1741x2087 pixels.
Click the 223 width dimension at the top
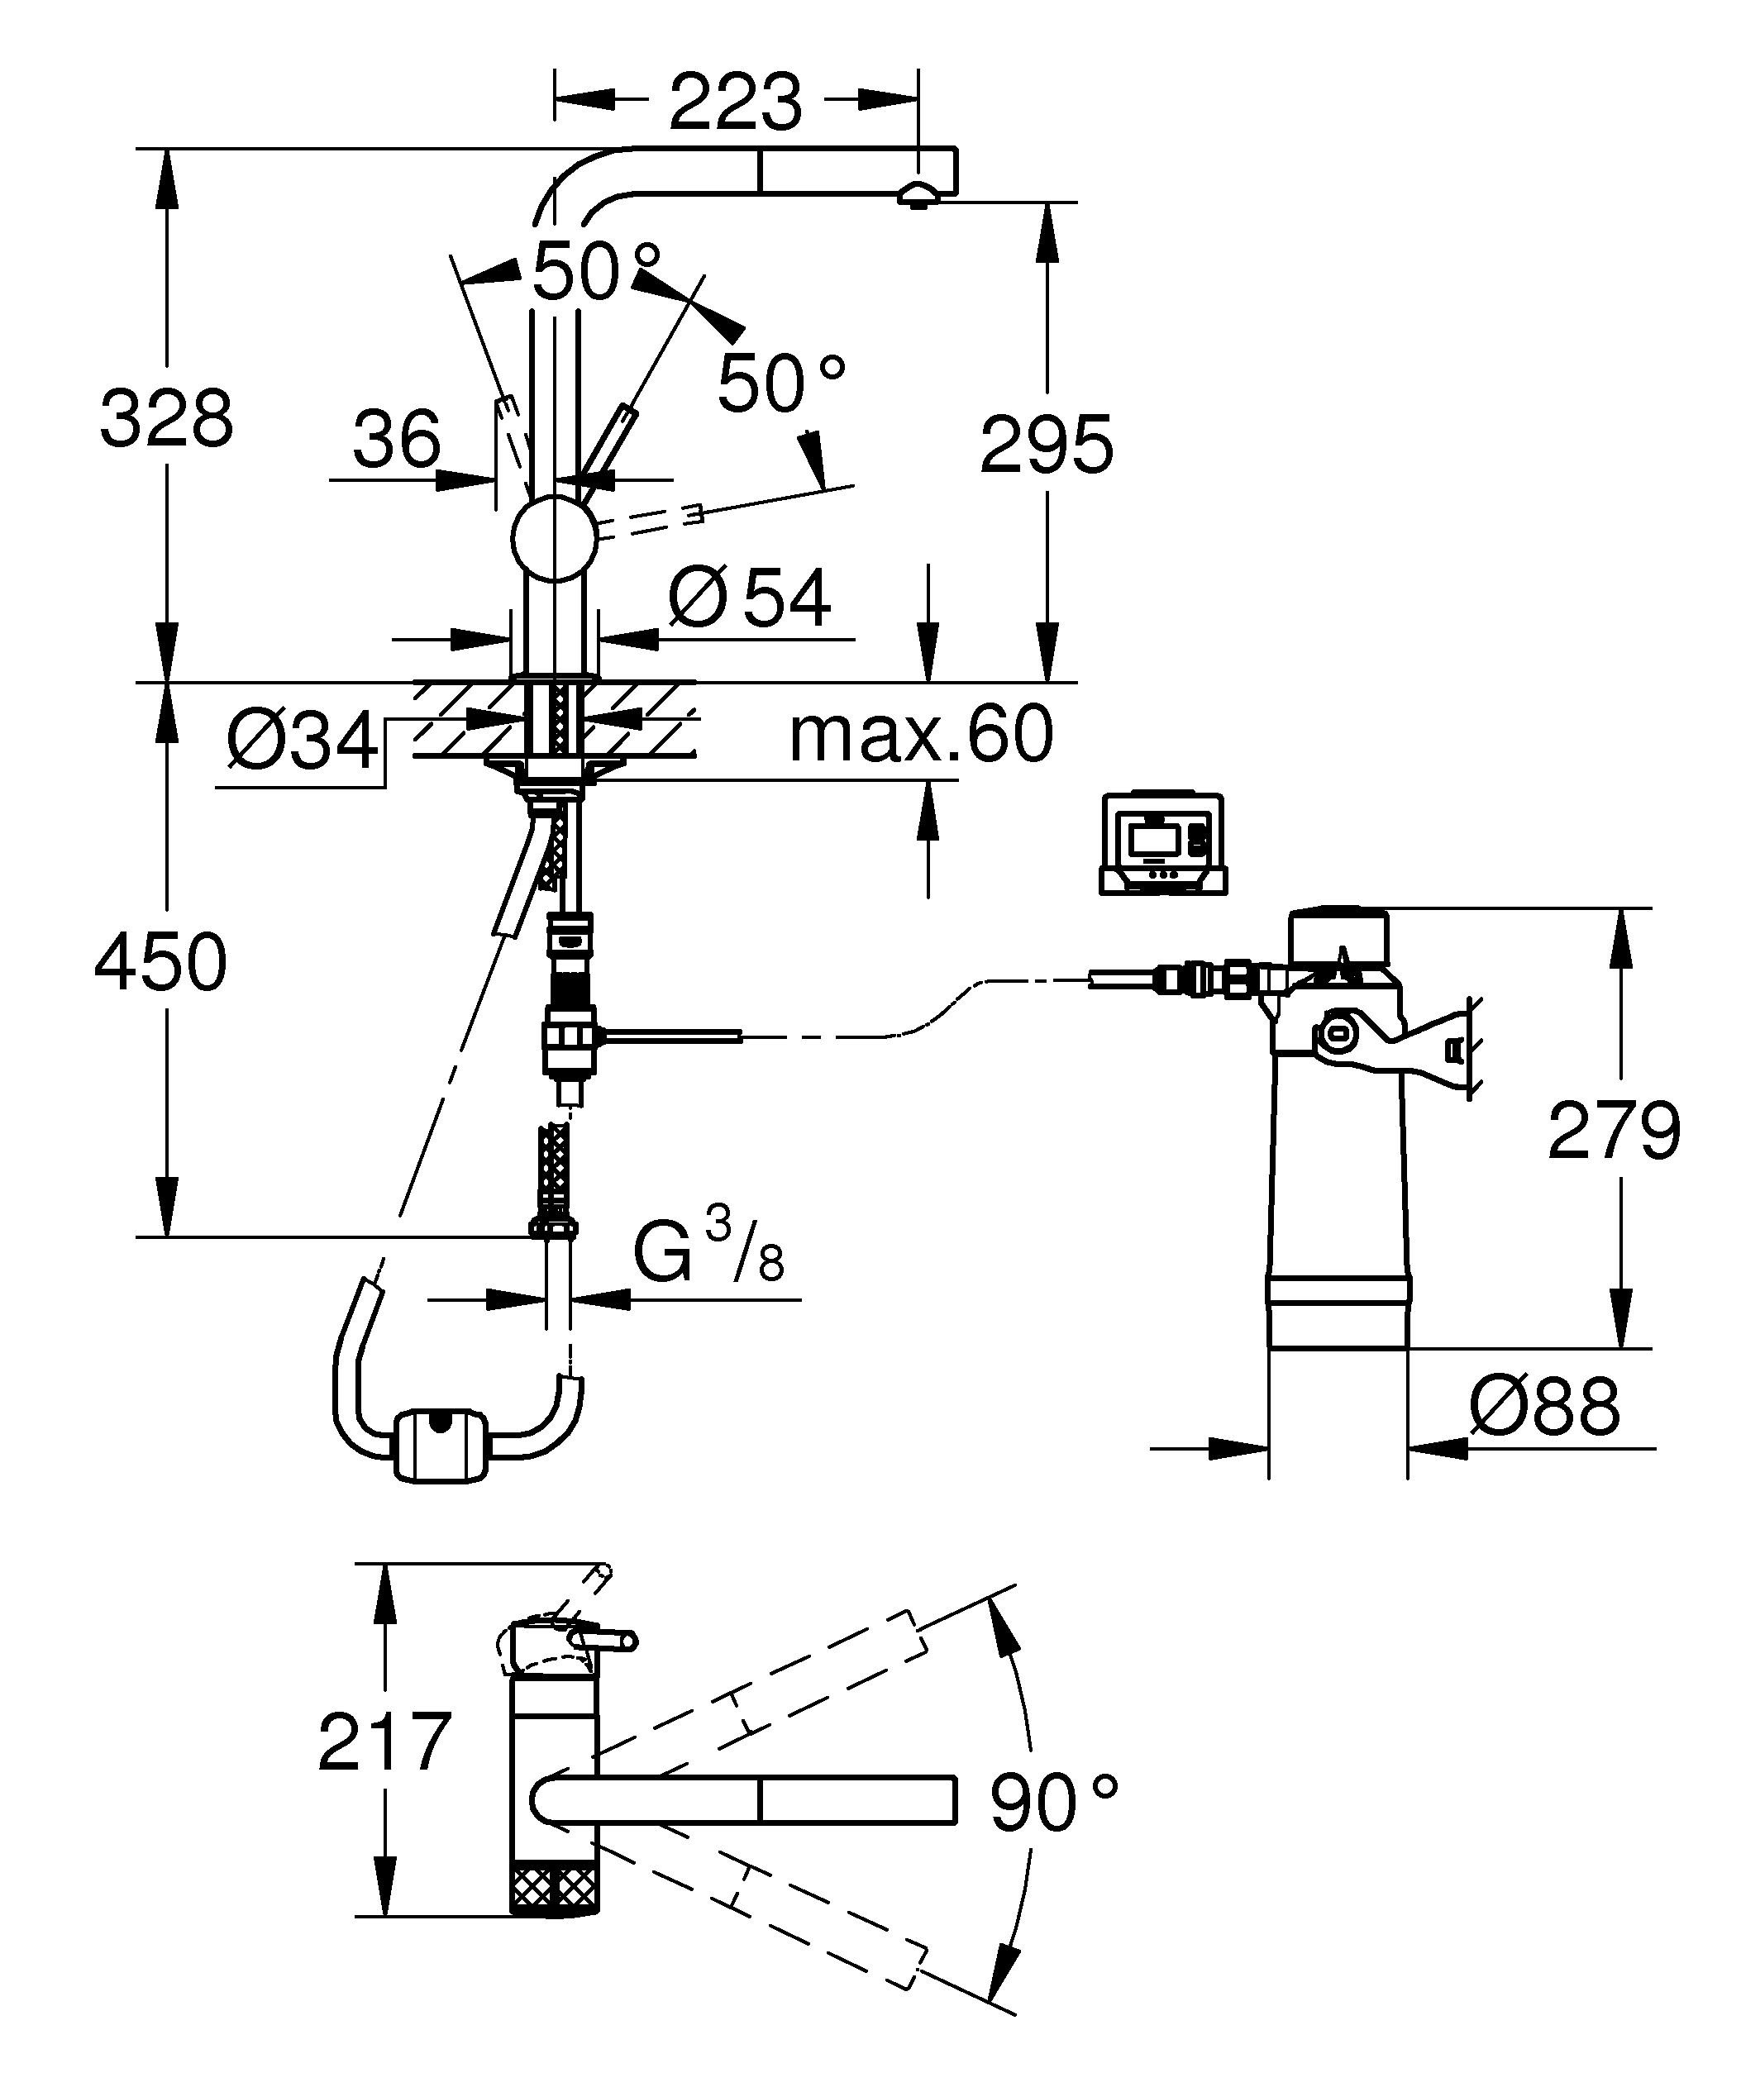point(736,102)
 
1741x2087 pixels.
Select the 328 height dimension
point(166,418)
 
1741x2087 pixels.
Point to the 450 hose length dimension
point(161,962)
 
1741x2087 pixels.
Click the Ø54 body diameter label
point(751,598)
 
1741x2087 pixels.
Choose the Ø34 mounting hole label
point(302,741)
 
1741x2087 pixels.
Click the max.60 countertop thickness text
point(920,735)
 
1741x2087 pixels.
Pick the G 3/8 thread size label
point(708,1252)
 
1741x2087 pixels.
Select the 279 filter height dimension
point(1613,1130)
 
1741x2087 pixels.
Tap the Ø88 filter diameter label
point(1544,1408)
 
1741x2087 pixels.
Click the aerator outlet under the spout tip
point(917,196)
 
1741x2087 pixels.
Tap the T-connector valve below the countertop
point(569,1037)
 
